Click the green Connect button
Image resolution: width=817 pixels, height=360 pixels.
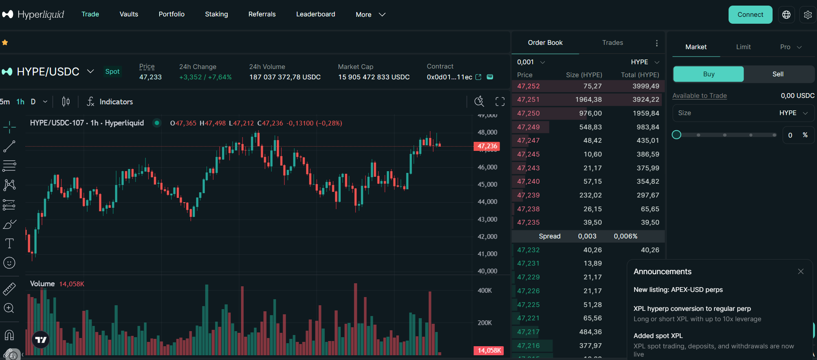750,15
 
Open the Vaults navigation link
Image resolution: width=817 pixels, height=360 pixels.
129,14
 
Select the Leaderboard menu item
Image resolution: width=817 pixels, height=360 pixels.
315,14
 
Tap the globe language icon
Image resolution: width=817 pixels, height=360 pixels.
786,15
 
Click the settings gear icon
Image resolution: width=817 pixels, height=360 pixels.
808,15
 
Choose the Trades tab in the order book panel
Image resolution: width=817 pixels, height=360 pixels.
613,43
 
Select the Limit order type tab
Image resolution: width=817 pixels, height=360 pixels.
743,47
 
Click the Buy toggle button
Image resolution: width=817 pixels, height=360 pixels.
708,74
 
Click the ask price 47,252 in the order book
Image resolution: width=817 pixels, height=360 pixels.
528,86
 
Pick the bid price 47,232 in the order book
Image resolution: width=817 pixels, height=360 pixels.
528,250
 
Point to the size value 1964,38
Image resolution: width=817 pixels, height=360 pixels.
588,100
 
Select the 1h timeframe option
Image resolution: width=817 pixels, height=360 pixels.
20,102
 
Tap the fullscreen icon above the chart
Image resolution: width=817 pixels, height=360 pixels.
500,102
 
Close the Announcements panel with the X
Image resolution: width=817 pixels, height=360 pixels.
801,272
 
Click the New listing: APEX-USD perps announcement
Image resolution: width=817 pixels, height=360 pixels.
678,290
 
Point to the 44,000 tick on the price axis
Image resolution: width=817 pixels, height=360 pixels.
487,202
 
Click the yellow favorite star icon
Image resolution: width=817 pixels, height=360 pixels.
5,43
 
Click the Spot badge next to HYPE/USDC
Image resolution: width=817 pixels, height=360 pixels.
112,72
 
